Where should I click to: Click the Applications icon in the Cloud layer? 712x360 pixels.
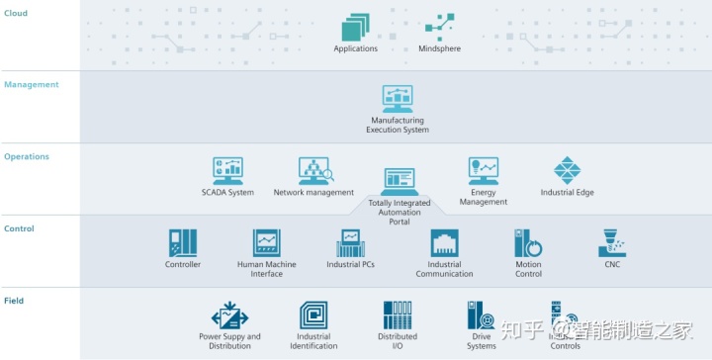pyautogui.click(x=355, y=27)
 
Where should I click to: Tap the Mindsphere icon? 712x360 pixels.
pyautogui.click(x=439, y=27)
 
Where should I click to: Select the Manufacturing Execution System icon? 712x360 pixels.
pyautogui.click(x=399, y=98)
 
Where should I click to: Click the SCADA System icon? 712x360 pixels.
pyautogui.click(x=227, y=170)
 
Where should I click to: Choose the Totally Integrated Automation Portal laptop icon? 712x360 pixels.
pyautogui.click(x=400, y=181)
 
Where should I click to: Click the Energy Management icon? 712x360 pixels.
pyautogui.click(x=483, y=171)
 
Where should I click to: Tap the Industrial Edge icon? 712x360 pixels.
pyautogui.click(x=568, y=170)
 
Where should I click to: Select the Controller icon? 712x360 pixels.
pyautogui.click(x=183, y=243)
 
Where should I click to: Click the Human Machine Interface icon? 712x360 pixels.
pyautogui.click(x=266, y=243)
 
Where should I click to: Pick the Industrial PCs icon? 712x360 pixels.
pyautogui.click(x=351, y=243)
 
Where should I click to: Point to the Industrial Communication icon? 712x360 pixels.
pyautogui.click(x=444, y=243)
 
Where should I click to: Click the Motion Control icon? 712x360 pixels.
pyautogui.click(x=528, y=243)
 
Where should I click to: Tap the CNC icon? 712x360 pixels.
pyautogui.click(x=613, y=243)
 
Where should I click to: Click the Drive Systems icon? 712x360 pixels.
pyautogui.click(x=481, y=315)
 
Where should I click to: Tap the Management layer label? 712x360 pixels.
pyautogui.click(x=32, y=85)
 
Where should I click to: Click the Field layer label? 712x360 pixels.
pyautogui.click(x=15, y=301)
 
